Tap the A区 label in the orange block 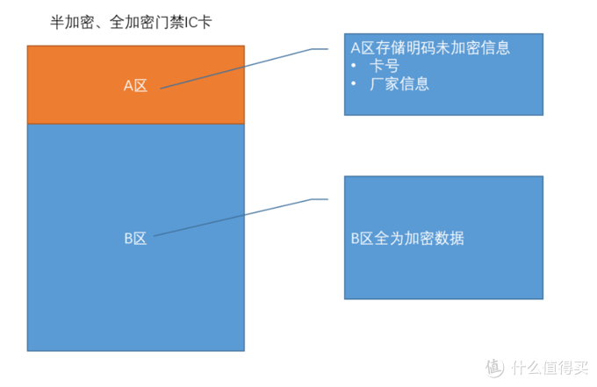pos(135,86)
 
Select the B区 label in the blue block pos(134,238)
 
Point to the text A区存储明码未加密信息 pos(430,48)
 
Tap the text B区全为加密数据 pos(407,238)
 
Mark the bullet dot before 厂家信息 pos(353,85)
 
